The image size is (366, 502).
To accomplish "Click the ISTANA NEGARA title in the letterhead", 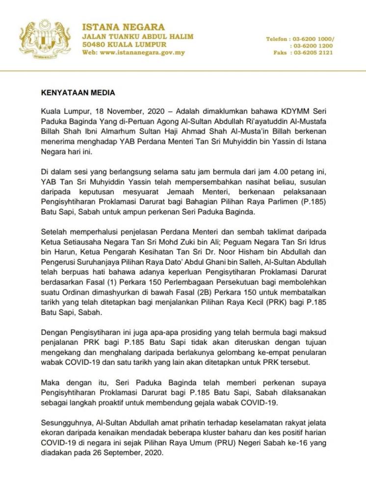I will [123, 27].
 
